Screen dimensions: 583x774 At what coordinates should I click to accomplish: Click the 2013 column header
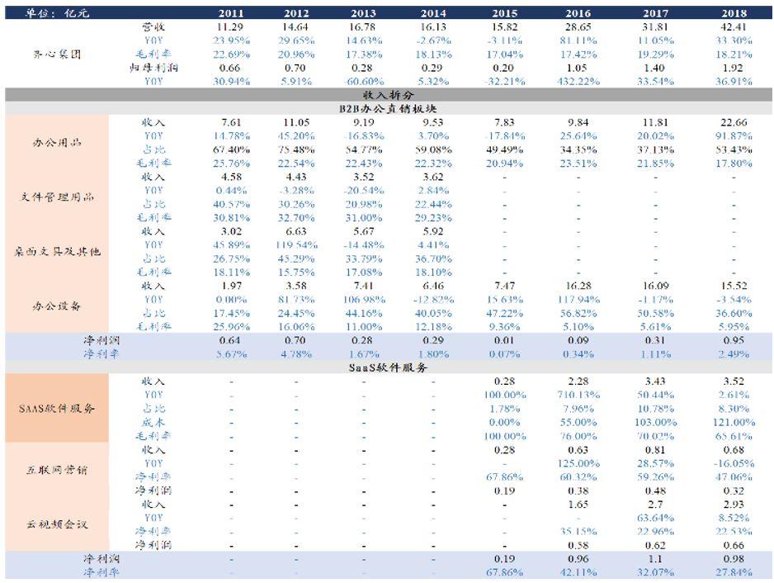coord(364,14)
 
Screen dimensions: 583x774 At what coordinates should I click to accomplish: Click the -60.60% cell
coord(364,81)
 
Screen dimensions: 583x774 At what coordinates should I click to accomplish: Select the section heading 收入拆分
coord(387,95)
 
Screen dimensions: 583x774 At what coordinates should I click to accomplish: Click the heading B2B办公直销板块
coord(387,108)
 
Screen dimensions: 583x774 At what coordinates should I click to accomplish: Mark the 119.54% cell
coord(296,245)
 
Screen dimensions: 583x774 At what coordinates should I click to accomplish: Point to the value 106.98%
coord(364,299)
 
